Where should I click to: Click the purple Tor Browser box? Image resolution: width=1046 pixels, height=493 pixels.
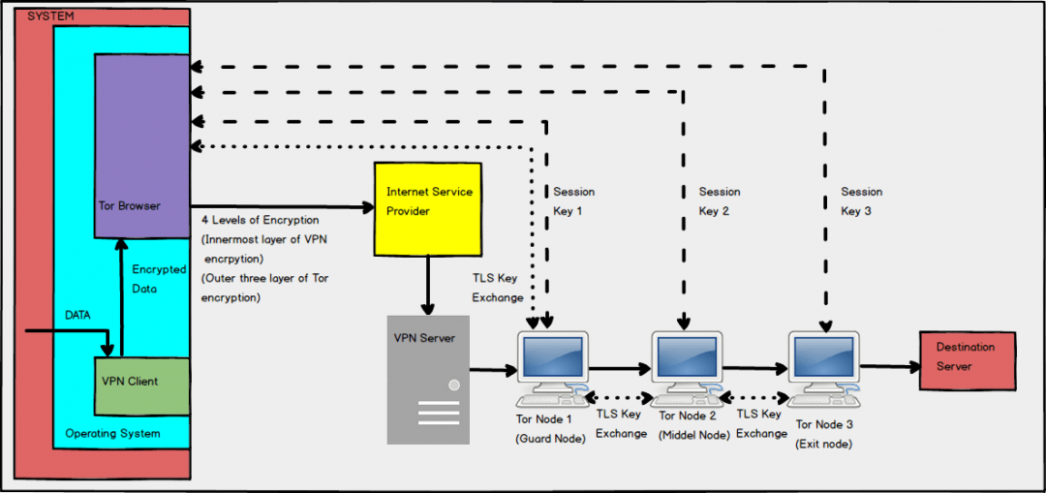[x=141, y=145]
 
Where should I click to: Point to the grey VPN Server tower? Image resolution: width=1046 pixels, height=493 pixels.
[x=427, y=379]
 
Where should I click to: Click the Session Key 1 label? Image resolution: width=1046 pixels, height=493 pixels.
[x=572, y=201]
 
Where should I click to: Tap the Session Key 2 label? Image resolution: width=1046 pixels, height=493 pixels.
[x=720, y=201]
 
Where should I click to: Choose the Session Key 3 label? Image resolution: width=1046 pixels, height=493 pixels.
[x=861, y=201]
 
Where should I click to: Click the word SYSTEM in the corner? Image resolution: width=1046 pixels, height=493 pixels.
[x=50, y=16]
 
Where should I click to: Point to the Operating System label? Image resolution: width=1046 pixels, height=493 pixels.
[x=112, y=433]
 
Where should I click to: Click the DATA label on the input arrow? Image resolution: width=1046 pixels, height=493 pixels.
[x=78, y=316]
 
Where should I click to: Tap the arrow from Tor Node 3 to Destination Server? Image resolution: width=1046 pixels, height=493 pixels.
[x=889, y=367]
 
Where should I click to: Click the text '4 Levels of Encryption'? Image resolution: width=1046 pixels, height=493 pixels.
[x=260, y=221]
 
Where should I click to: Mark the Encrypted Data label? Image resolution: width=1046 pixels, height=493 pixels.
[x=159, y=278]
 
